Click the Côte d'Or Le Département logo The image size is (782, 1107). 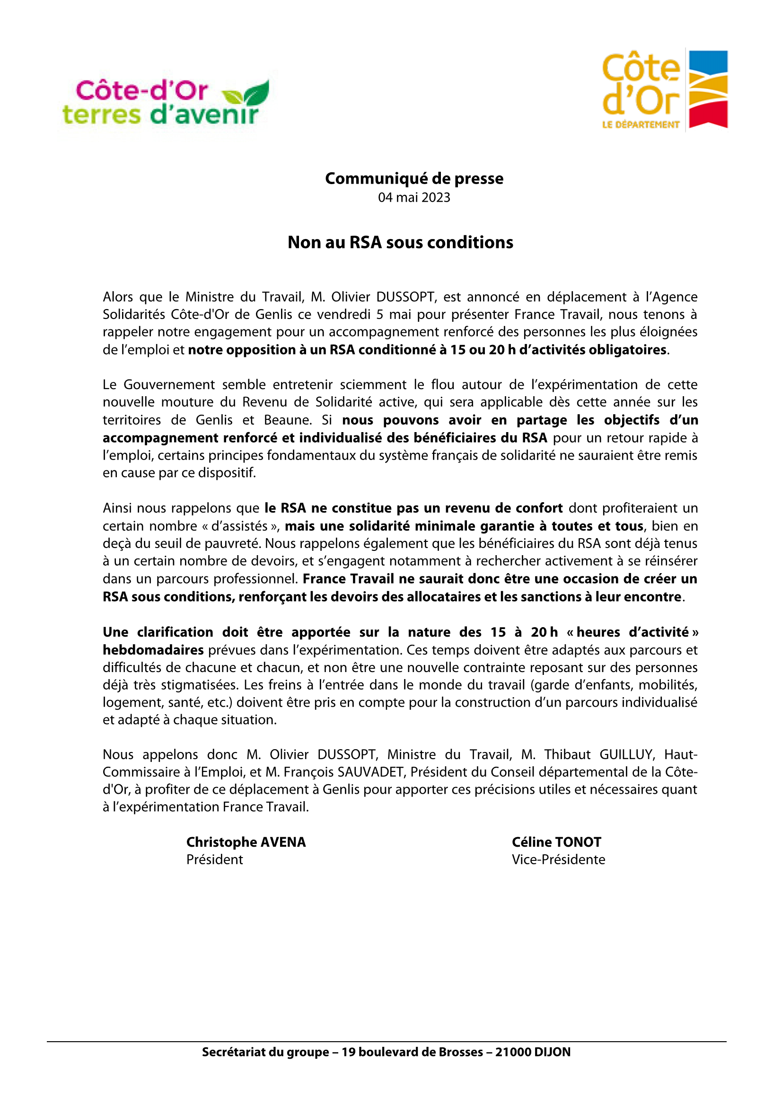tap(664, 89)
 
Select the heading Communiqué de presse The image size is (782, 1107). tap(414, 178)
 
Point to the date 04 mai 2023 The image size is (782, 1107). tap(414, 198)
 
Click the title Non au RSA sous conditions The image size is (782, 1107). tap(400, 242)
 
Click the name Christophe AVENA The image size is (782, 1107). tap(246, 842)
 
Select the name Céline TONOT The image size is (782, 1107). tap(556, 842)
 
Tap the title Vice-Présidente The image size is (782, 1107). tap(558, 859)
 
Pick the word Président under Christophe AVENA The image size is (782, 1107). tap(214, 859)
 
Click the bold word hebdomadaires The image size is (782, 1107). tap(153, 650)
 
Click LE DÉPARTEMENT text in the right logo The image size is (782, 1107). tap(641, 125)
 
